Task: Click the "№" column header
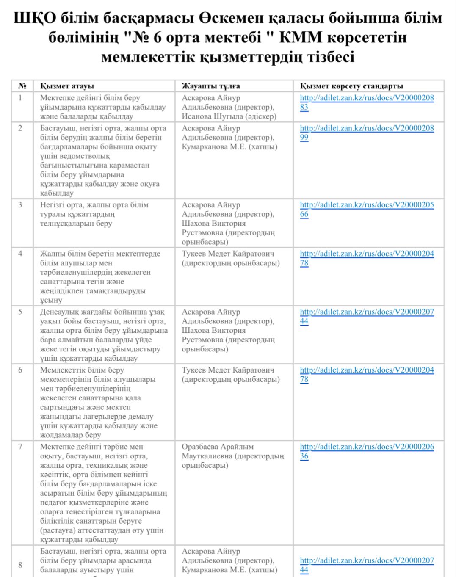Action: coord(22,86)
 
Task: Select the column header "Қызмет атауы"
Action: coord(67,86)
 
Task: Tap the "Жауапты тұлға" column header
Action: coord(211,86)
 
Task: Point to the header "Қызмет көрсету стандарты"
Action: coord(351,86)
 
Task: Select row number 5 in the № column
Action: coord(20,312)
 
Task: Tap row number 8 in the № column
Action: coord(20,565)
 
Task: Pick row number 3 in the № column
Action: coord(20,205)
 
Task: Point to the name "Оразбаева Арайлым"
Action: coord(218,447)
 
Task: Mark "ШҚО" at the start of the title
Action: coord(35,18)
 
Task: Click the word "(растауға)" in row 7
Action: coord(59,530)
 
